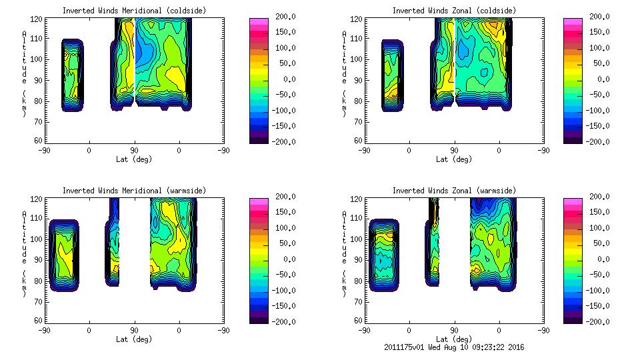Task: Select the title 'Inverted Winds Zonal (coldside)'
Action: point(453,11)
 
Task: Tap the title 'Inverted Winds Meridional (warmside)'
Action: point(134,191)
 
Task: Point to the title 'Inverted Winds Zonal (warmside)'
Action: point(453,191)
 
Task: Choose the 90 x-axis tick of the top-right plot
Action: point(455,151)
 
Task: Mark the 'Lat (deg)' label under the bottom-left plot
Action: point(134,339)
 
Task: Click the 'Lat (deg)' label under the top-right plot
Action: point(453,159)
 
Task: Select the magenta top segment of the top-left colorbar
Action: point(258,21)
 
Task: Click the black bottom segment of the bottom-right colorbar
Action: point(573,319)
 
